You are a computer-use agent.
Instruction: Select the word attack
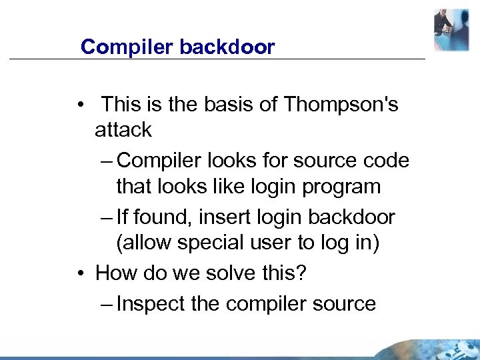(x=123, y=129)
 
